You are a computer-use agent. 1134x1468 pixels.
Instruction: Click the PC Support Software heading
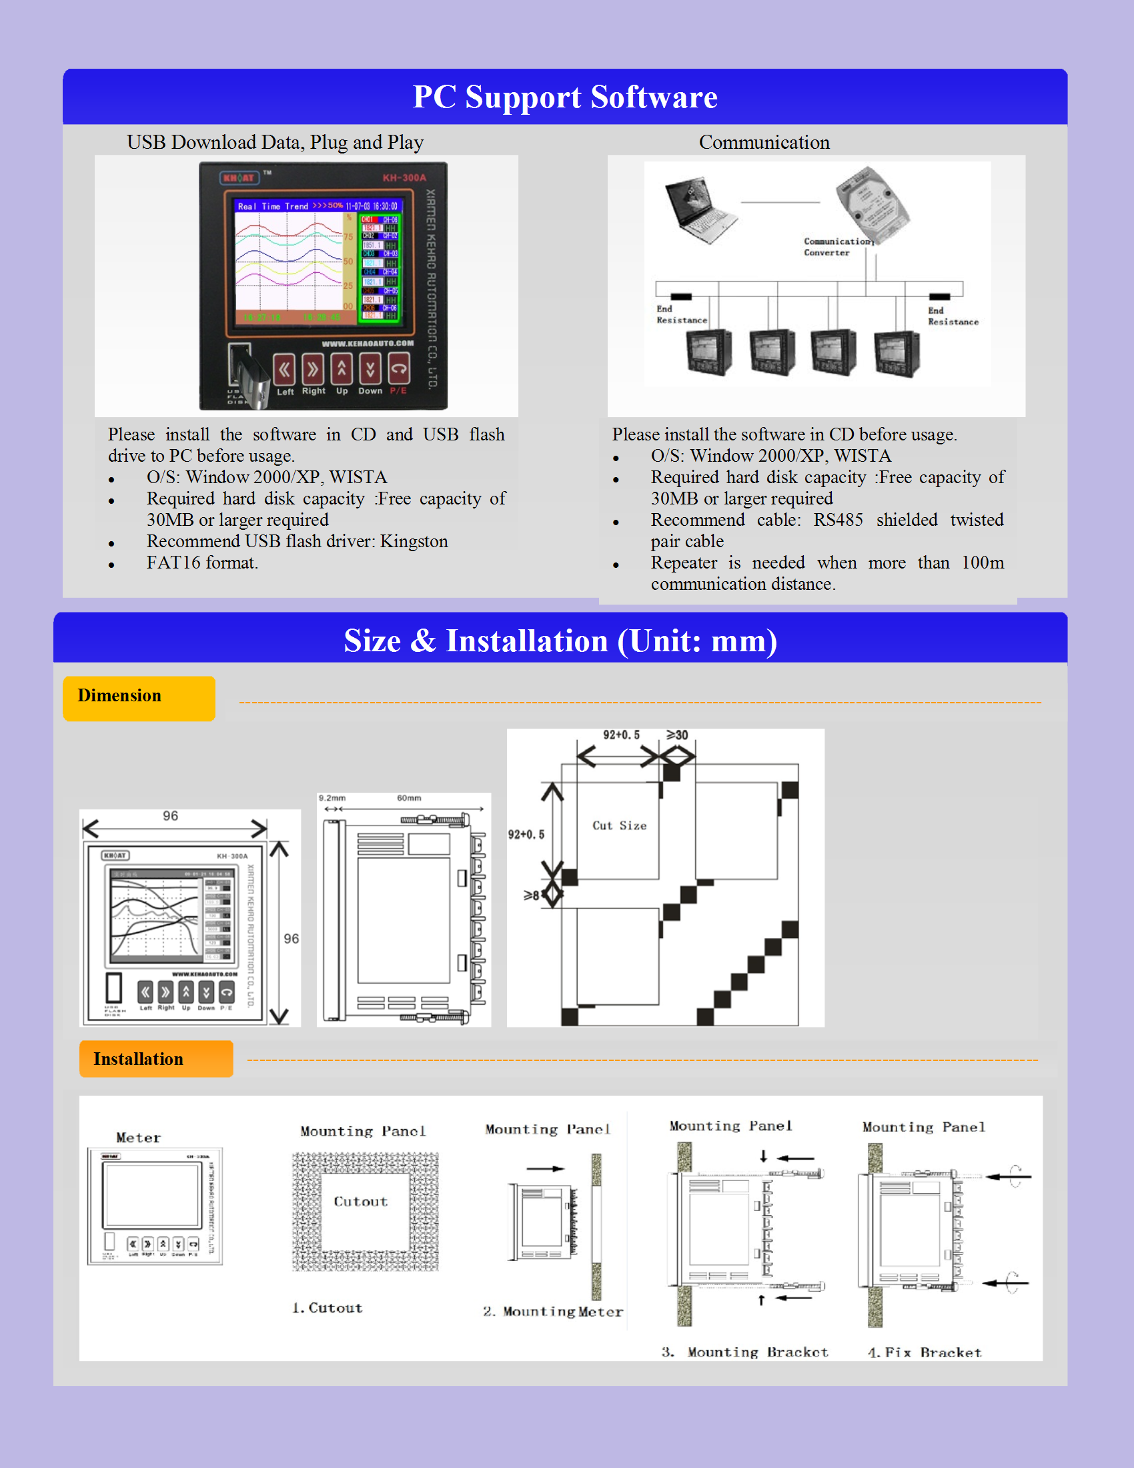(565, 97)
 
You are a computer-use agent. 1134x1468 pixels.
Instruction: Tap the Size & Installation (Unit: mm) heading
(560, 641)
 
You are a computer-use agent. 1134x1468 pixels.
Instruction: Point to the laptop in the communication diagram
(699, 209)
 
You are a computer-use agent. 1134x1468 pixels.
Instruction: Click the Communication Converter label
(837, 247)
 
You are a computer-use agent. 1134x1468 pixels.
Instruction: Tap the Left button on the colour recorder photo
(285, 370)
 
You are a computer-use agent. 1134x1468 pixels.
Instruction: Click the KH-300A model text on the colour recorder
(404, 178)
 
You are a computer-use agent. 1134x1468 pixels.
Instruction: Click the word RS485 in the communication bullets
(838, 520)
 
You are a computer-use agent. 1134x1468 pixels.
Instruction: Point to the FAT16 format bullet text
(202, 563)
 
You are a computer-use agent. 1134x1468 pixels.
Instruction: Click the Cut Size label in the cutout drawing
(620, 826)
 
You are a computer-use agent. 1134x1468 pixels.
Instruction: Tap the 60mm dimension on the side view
(408, 799)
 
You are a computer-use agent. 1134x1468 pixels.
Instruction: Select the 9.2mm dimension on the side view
(332, 799)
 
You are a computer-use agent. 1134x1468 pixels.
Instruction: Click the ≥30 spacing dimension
(678, 735)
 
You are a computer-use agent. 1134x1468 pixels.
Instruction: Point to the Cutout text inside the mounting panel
(361, 1202)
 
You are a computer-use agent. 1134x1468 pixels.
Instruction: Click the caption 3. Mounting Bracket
(745, 1353)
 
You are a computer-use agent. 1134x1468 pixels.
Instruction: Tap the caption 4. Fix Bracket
(925, 1353)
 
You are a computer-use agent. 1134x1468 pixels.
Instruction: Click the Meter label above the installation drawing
(138, 1138)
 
